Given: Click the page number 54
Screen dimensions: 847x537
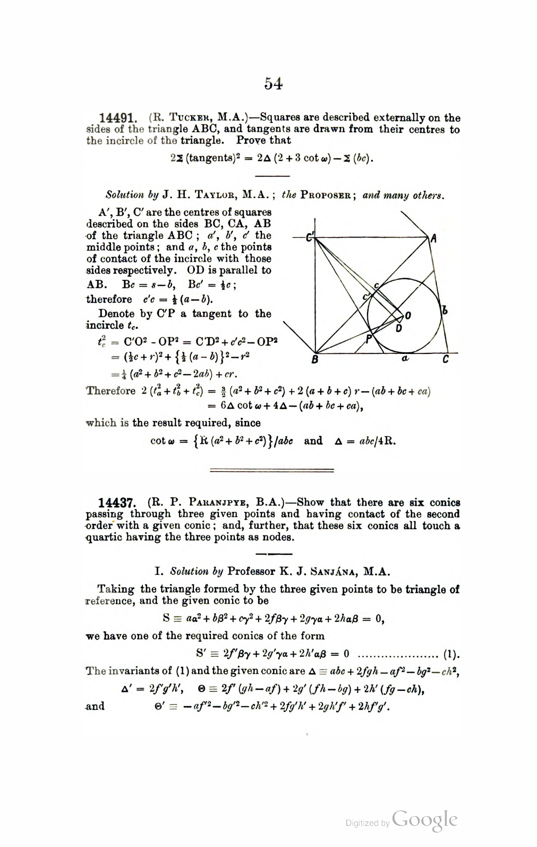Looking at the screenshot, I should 273,84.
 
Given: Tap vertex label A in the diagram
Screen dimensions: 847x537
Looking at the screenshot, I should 434,239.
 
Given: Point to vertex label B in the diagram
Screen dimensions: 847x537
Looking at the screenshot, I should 314,360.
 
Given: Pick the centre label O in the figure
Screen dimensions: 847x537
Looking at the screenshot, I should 408,316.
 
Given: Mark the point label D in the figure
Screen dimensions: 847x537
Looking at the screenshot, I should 399,328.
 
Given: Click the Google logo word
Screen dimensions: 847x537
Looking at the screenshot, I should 424,820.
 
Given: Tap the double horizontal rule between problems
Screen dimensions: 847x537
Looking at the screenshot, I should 272,470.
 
